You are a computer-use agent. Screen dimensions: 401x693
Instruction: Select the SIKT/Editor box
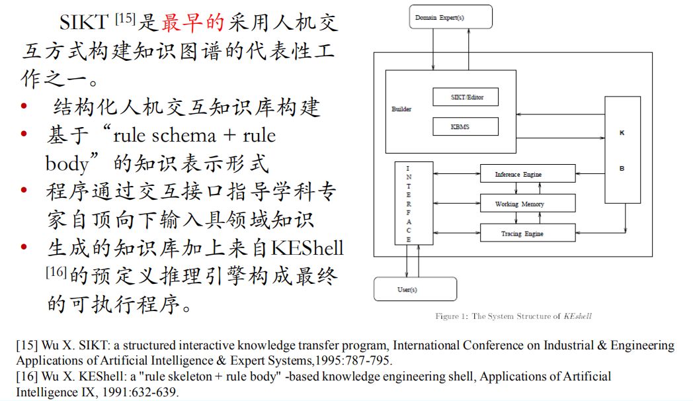click(466, 97)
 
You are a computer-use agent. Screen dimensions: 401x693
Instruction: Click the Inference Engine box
click(518, 174)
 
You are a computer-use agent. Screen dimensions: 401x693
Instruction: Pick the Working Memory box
click(518, 204)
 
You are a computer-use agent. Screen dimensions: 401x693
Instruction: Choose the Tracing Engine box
click(518, 234)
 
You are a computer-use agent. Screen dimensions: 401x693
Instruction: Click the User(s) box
click(415, 289)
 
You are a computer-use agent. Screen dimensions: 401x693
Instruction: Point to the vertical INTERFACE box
click(413, 202)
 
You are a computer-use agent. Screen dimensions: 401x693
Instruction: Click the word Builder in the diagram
click(401, 110)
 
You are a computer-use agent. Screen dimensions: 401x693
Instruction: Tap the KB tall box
click(622, 150)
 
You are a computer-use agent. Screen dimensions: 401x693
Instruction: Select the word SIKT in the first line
click(83, 22)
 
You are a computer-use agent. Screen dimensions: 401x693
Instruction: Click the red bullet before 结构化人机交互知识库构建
click(24, 107)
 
